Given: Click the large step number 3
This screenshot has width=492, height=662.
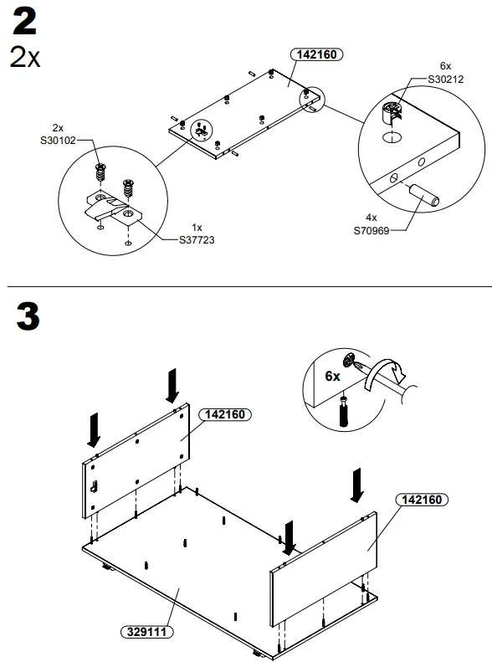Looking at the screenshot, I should click(x=27, y=318).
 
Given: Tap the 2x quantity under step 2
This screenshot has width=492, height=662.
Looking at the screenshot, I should click(x=24, y=58).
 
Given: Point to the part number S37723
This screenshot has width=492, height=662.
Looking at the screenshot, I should click(x=197, y=239).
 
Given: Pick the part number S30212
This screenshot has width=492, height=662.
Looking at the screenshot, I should click(x=445, y=79).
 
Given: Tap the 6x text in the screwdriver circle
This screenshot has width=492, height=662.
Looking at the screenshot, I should click(x=332, y=376).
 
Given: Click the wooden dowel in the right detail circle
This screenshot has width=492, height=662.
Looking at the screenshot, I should click(x=424, y=196).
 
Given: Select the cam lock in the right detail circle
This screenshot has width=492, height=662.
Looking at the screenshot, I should click(x=392, y=111).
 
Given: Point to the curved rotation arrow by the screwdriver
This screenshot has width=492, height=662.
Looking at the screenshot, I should click(x=387, y=371).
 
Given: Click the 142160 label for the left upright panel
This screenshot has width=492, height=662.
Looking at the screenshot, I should click(x=225, y=414).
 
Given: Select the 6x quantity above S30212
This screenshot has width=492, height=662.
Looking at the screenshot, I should click(x=445, y=65).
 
